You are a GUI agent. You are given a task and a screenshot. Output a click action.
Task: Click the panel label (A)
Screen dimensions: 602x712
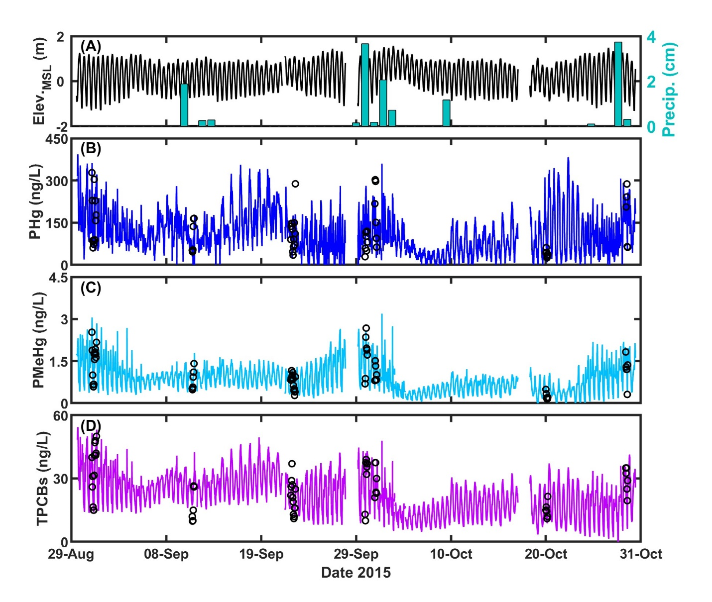coord(91,47)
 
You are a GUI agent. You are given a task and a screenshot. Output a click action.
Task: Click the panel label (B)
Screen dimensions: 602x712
coord(91,149)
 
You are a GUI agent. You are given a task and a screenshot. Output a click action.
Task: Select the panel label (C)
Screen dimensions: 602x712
coord(91,288)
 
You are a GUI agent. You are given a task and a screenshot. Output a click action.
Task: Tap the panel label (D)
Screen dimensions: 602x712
coord(91,425)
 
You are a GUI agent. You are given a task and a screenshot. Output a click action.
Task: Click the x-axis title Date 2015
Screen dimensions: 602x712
coord(356,573)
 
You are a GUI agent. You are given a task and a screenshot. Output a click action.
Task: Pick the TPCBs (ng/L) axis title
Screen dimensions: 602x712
coord(43,478)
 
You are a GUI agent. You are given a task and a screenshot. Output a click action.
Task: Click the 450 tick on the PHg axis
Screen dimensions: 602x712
coord(57,140)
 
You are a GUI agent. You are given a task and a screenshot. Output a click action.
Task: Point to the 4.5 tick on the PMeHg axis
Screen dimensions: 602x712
coord(58,278)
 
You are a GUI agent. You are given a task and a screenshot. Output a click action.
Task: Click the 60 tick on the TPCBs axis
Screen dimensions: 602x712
coord(61,416)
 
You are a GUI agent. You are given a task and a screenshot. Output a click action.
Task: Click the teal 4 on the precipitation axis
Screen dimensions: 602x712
coord(651,37)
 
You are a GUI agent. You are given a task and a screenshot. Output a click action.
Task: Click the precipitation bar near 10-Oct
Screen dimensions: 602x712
coord(446,113)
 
